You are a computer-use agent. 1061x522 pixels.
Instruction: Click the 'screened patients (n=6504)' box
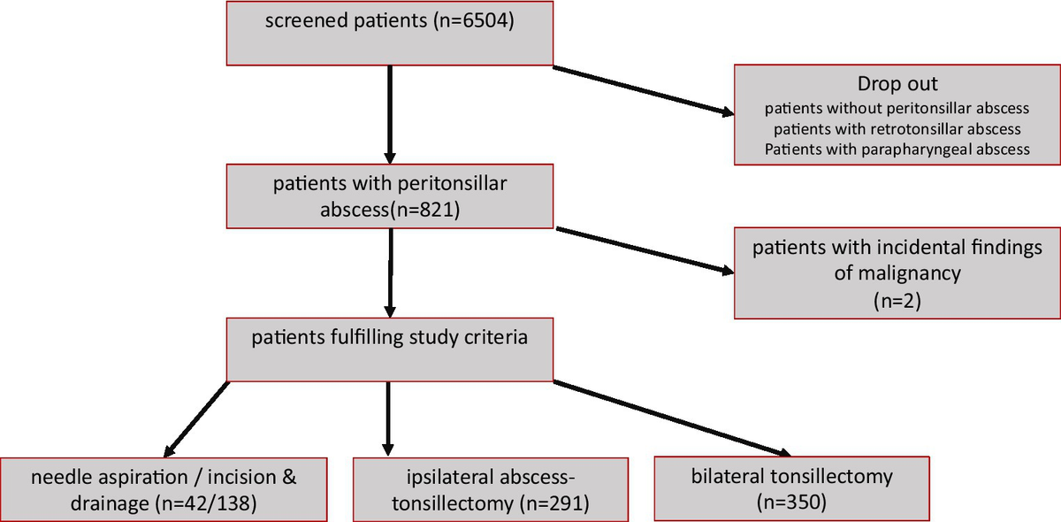click(390, 33)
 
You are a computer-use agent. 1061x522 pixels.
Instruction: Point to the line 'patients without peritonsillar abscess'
click(897, 109)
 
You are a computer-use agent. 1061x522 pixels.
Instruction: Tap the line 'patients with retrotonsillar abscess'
click(897, 129)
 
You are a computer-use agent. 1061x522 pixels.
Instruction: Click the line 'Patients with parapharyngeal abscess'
click(897, 149)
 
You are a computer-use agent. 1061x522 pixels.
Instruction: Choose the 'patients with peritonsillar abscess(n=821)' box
click(390, 197)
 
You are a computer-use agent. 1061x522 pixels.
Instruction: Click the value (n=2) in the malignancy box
click(897, 300)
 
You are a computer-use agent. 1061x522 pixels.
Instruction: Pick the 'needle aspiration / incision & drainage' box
click(164, 489)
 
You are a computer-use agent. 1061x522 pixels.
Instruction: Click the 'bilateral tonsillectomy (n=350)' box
click(792, 487)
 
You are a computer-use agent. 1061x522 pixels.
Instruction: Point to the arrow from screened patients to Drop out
click(643, 90)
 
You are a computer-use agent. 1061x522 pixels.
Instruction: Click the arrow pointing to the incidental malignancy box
click(643, 251)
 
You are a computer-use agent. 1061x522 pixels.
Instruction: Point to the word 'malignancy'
click(897, 273)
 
